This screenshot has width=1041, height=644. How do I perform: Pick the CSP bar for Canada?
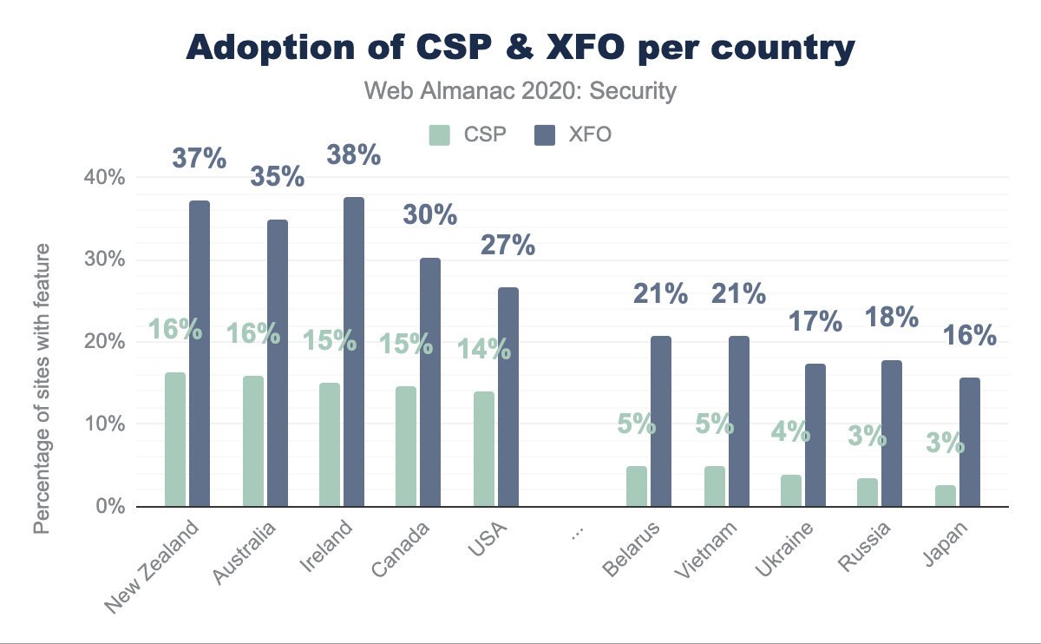click(405, 446)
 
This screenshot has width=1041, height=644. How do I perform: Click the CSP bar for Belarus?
click(636, 486)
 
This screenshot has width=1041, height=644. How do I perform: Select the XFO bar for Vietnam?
click(739, 421)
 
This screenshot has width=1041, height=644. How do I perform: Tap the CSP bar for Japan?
click(946, 496)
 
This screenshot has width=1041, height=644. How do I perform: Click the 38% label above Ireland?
click(353, 155)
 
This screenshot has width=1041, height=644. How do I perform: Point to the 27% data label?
click(508, 245)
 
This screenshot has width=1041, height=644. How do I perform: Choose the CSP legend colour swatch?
click(440, 135)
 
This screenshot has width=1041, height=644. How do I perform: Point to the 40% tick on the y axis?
click(105, 177)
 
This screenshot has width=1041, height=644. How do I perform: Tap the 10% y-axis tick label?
click(105, 424)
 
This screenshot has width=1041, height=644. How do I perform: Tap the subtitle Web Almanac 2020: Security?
click(520, 91)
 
